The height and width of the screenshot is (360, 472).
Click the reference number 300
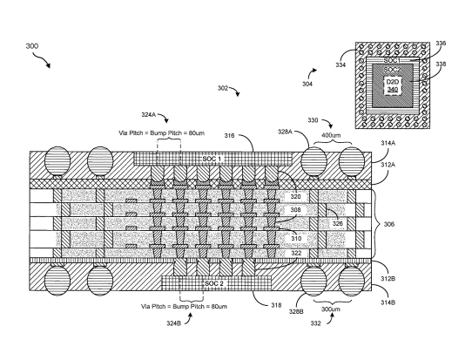tap(32, 46)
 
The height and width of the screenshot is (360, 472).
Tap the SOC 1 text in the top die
tap(212, 159)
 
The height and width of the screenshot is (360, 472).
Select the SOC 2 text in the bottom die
tap(214, 283)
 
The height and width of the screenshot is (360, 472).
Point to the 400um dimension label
tap(331, 135)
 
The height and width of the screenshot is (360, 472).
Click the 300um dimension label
tap(331, 309)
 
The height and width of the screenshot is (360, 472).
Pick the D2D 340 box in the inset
tap(393, 85)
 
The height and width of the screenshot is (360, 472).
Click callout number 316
tap(229, 136)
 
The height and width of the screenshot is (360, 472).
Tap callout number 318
tap(276, 305)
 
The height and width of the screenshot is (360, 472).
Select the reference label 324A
tap(148, 114)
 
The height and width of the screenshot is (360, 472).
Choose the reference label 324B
tap(173, 323)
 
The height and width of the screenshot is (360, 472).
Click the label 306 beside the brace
tap(389, 224)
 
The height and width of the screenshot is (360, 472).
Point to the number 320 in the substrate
tap(295, 197)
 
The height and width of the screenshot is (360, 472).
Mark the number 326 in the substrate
tap(337, 223)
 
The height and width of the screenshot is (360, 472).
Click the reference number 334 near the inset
tap(341, 65)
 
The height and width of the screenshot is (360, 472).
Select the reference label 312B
tap(388, 278)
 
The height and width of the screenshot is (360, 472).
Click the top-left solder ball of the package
tap(57, 161)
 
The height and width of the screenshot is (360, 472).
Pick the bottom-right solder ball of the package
tap(351, 281)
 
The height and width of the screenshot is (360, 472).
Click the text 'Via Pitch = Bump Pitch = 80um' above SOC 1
tap(162, 132)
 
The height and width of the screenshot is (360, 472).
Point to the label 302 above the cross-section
tap(223, 88)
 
